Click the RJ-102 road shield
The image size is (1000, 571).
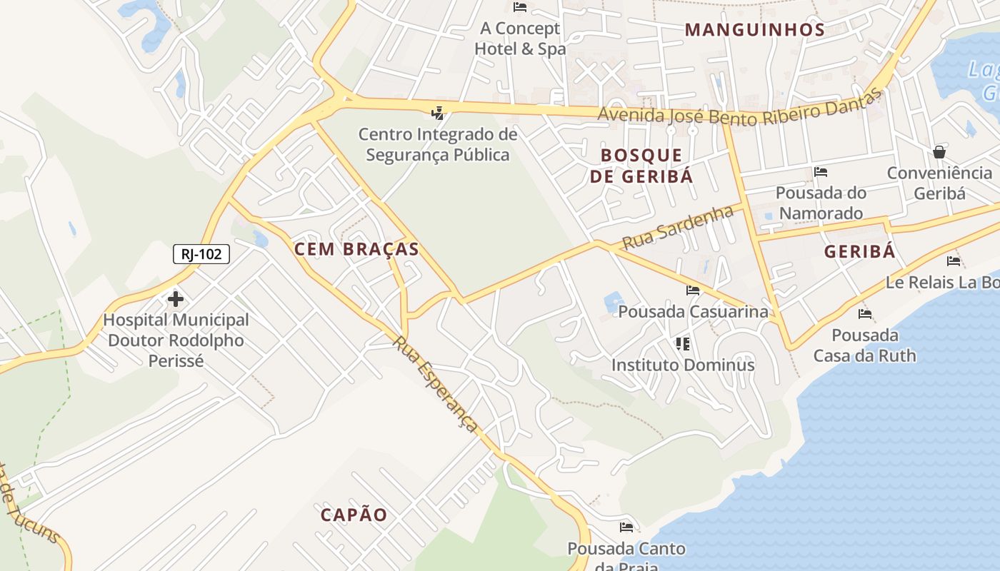201,254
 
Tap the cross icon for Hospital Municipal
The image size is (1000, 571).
176,299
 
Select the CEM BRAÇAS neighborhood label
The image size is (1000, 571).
356,249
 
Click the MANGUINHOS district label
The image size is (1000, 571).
755,30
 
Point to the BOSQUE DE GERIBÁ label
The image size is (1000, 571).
641,166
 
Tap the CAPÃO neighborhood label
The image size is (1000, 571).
354,515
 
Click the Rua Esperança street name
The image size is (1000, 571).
435,384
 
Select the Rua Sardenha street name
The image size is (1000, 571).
678,227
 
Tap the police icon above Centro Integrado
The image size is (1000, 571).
437,113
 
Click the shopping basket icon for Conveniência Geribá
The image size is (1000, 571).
939,152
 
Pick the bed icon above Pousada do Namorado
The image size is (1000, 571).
821,172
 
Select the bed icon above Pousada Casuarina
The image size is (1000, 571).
693,290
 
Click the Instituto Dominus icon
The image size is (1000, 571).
683,344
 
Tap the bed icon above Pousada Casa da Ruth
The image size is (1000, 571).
865,314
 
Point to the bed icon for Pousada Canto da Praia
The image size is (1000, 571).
626,527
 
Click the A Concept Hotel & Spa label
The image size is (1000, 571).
520,39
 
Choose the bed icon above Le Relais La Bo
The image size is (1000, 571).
954,261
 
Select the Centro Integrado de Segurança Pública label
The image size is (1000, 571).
438,144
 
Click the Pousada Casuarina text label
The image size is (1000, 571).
693,312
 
